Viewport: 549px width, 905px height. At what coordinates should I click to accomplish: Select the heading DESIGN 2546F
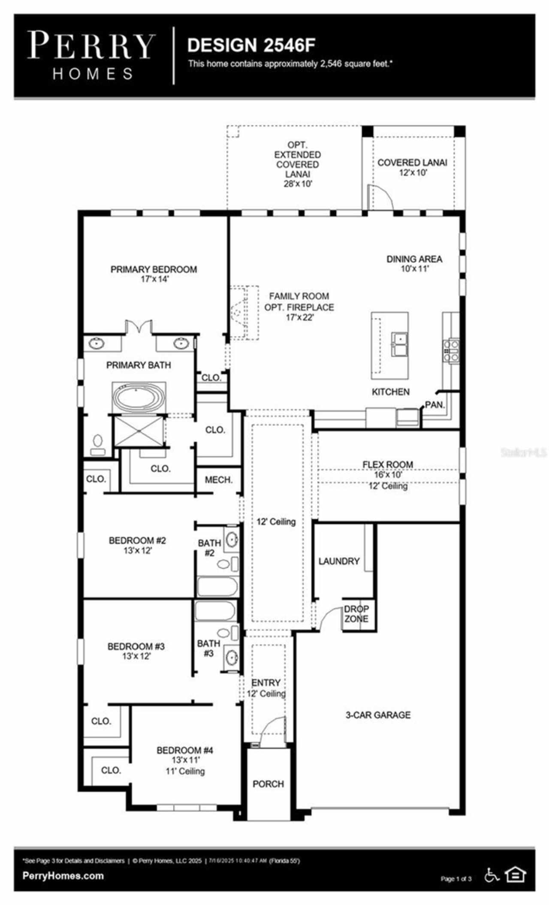pyautogui.click(x=251, y=45)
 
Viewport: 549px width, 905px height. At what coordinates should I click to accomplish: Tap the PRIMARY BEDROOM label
pyautogui.click(x=154, y=274)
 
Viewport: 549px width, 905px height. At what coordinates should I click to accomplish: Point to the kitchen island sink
pyautogui.click(x=399, y=344)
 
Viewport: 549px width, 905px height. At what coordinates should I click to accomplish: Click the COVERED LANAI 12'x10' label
pyautogui.click(x=412, y=167)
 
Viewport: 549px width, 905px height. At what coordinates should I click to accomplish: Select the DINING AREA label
pyautogui.click(x=414, y=263)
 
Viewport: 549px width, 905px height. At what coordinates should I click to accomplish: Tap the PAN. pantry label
pyautogui.click(x=435, y=404)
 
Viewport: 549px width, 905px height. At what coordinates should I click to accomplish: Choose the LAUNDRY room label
pyautogui.click(x=339, y=561)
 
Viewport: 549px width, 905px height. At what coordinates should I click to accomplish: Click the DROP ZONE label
pyautogui.click(x=356, y=614)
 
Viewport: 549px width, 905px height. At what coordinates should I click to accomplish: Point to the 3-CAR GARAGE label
pyautogui.click(x=378, y=715)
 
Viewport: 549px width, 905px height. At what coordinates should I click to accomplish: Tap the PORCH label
pyautogui.click(x=268, y=784)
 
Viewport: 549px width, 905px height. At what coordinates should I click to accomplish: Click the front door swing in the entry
pyautogui.click(x=273, y=729)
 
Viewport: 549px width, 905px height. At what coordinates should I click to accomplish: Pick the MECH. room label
pyautogui.click(x=218, y=480)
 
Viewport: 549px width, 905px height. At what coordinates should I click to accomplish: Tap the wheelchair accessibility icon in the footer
pyautogui.click(x=492, y=875)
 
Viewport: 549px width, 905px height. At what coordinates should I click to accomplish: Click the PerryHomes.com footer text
pyautogui.click(x=63, y=876)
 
